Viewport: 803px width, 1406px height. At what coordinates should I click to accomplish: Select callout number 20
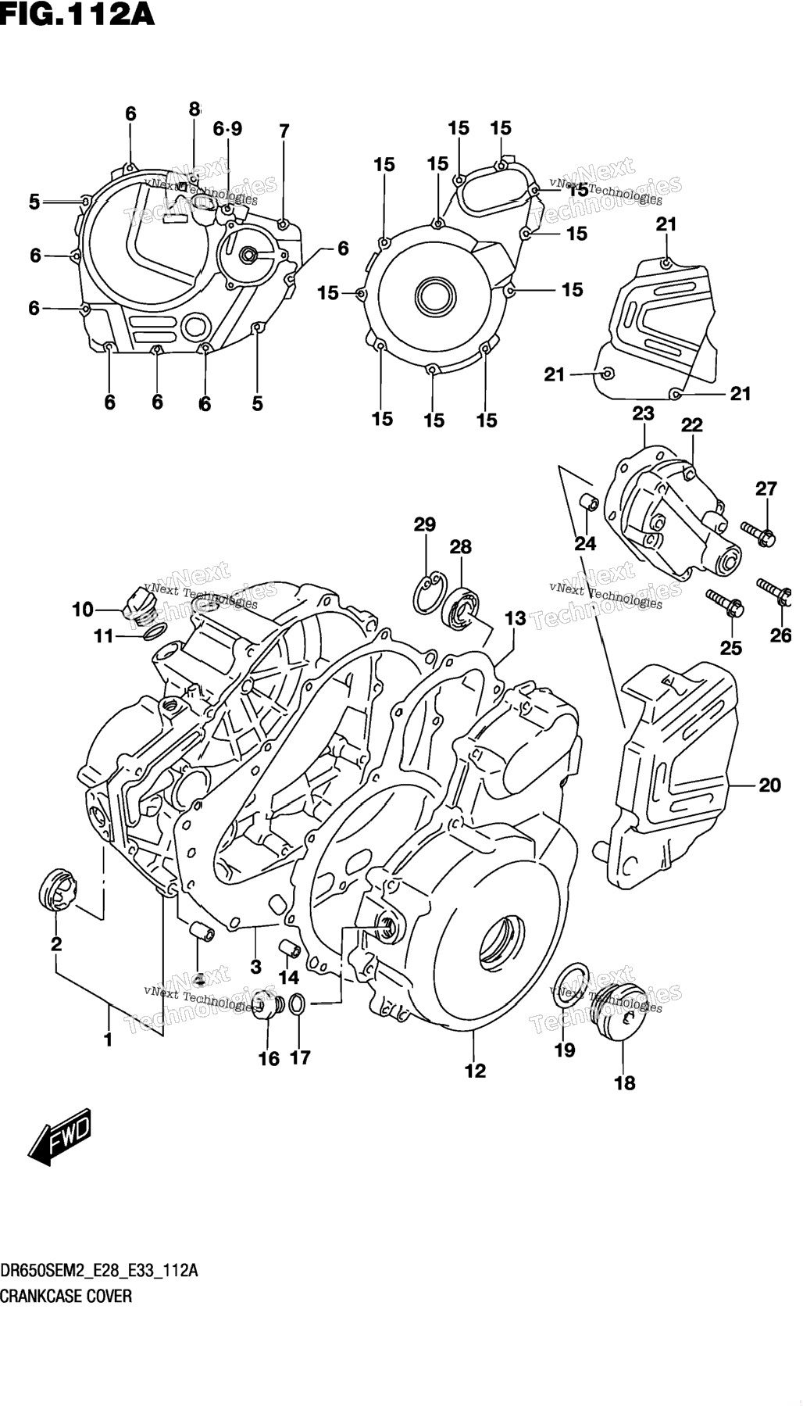[769, 784]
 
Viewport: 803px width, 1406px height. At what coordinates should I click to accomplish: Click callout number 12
[475, 1070]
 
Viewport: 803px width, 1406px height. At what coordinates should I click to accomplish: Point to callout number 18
[625, 1082]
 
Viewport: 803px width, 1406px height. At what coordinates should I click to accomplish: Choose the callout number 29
[425, 524]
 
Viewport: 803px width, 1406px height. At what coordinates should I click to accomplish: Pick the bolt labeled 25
[726, 602]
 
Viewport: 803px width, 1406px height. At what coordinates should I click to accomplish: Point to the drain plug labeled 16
[266, 1008]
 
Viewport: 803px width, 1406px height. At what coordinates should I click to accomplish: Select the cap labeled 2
[57, 890]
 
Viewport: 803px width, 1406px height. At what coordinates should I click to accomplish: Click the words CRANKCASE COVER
[66, 1296]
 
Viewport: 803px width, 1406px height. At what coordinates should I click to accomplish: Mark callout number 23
[643, 413]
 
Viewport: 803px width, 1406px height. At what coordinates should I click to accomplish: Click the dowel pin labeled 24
[589, 502]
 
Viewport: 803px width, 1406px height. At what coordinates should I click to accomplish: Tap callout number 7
[284, 131]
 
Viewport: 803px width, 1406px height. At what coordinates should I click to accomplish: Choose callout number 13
[515, 619]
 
